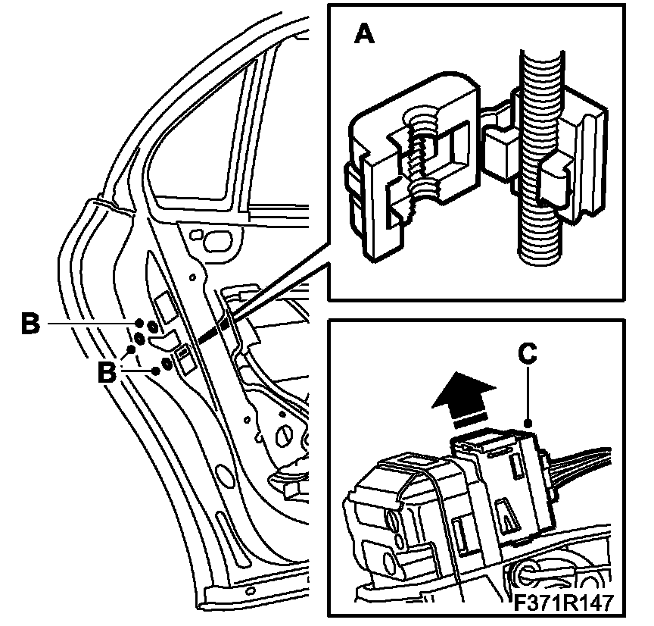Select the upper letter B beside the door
coord(30,324)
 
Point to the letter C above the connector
coord(528,353)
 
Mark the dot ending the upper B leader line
coord(140,324)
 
